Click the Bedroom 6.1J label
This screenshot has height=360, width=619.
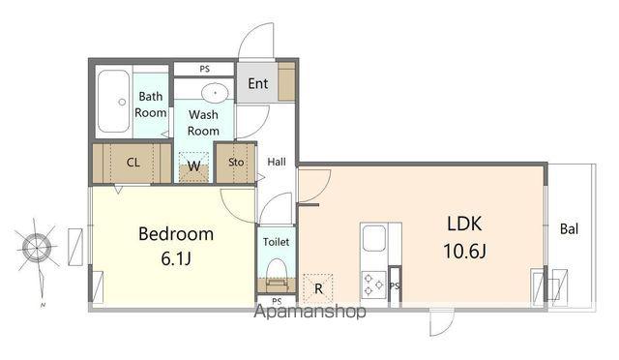176,246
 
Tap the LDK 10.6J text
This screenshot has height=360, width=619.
464,237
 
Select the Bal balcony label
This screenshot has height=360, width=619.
569,228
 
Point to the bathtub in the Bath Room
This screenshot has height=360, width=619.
113,102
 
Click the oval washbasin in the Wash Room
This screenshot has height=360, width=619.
215,93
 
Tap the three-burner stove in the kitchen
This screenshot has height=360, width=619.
373,285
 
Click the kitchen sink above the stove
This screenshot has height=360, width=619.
373,238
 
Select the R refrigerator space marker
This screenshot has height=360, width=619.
318,288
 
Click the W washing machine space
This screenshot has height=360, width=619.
193,167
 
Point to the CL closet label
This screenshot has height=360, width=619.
133,163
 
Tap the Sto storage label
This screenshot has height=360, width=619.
236,162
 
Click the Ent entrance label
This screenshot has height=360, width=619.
258,83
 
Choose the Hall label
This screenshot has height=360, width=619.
277,162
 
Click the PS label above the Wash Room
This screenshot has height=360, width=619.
204,69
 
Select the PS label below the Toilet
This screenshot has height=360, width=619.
277,301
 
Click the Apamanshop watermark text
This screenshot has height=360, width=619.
309,312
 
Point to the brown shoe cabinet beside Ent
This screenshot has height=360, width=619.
286,81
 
